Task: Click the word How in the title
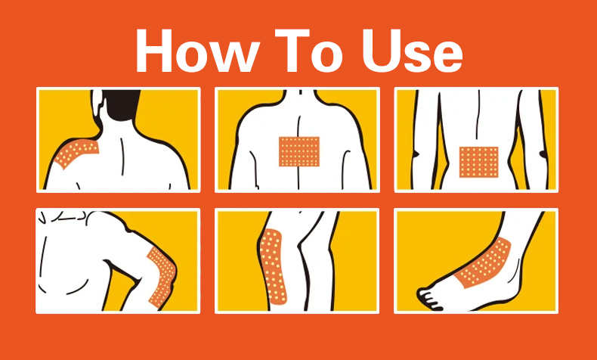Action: [x=195, y=50]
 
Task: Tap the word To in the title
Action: [x=308, y=51]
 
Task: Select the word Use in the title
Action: [x=413, y=51]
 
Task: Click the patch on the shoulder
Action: [x=76, y=153]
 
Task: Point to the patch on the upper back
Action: [x=299, y=151]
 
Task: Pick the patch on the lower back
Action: [x=478, y=162]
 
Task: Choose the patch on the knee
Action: [x=273, y=265]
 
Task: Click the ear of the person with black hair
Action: [x=97, y=102]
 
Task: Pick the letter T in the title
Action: [x=292, y=50]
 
